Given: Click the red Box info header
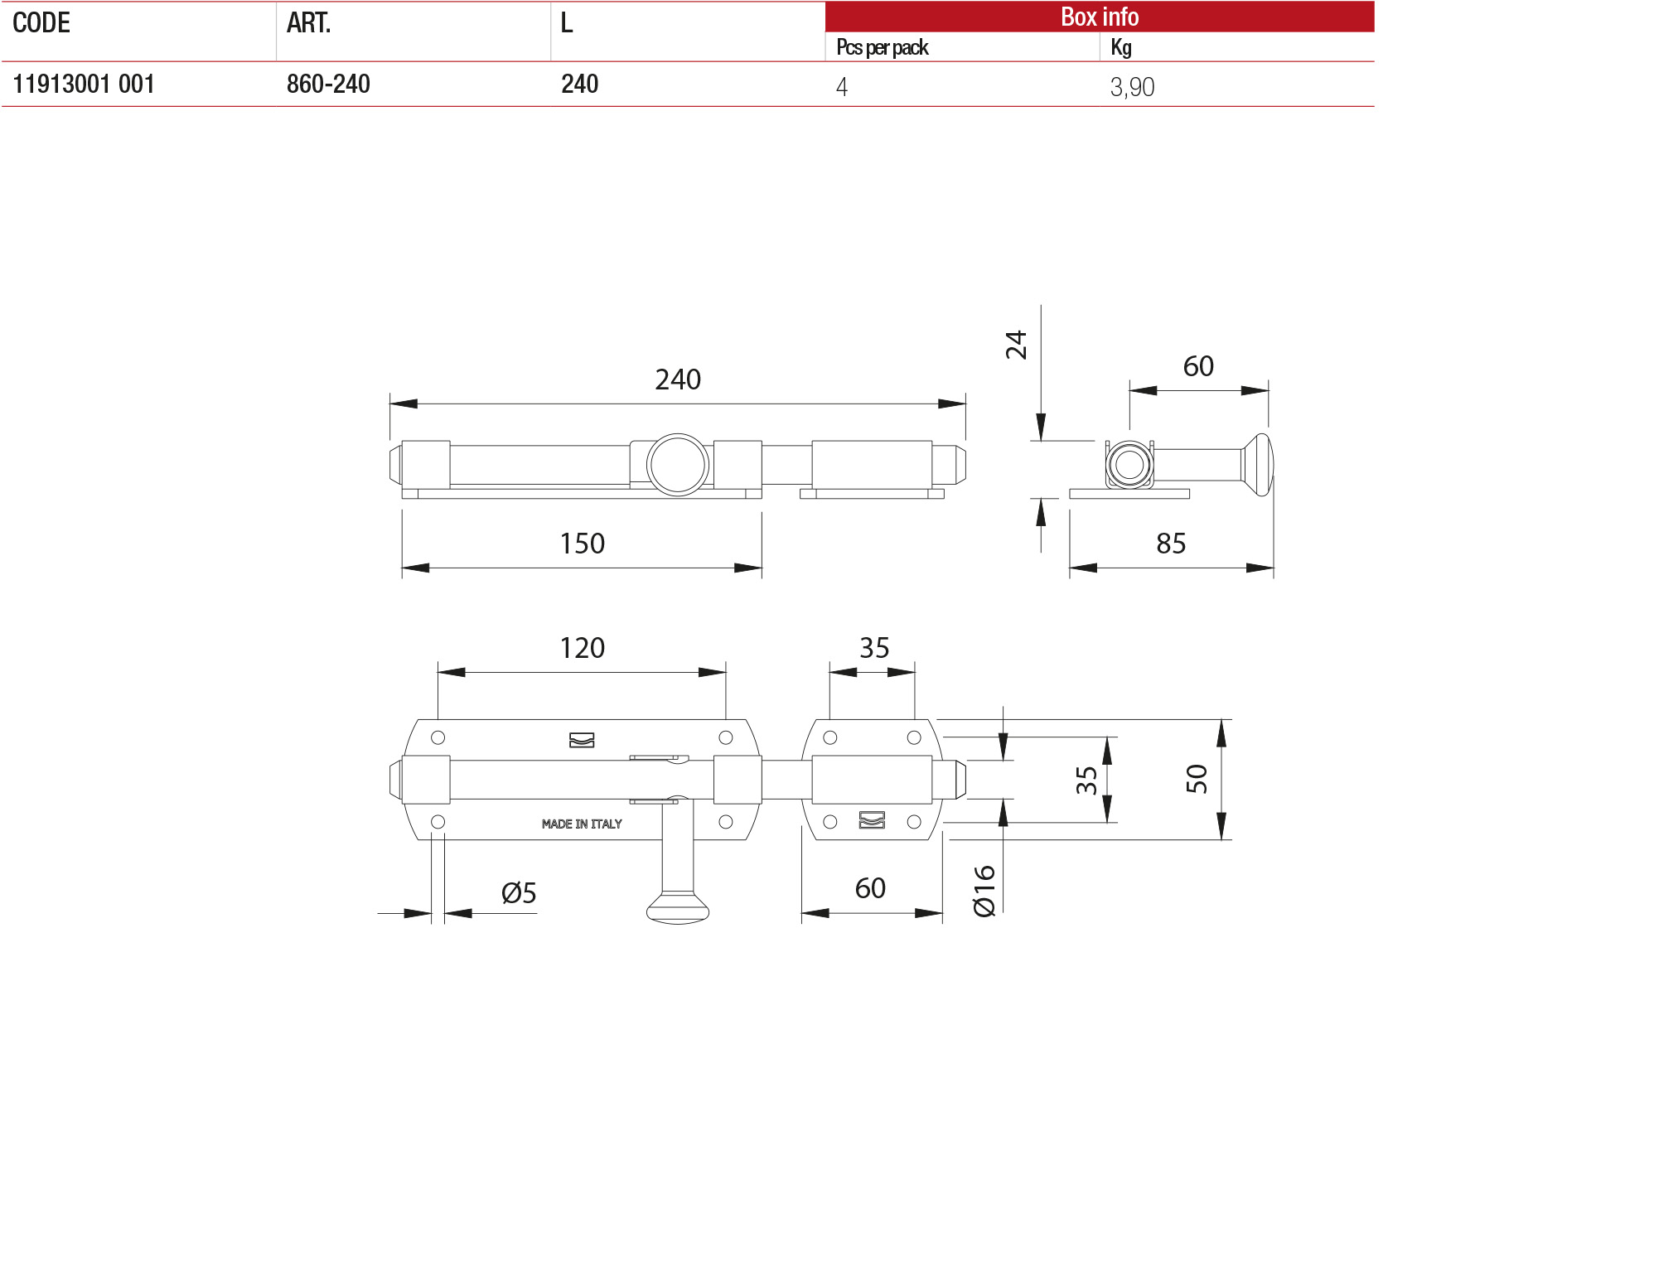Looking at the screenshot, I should click(x=1099, y=17).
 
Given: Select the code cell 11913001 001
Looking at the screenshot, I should click(x=84, y=85).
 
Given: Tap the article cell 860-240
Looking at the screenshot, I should click(x=328, y=85).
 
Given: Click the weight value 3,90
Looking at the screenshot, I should click(x=1132, y=87).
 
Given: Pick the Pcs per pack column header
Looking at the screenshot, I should click(x=882, y=48).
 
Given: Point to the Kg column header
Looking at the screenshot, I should click(x=1120, y=48).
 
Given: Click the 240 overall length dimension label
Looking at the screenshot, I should click(x=678, y=379).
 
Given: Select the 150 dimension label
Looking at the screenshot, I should click(x=582, y=544).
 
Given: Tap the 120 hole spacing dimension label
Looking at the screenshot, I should click(x=582, y=648).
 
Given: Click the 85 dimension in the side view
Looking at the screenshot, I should click(x=1171, y=544).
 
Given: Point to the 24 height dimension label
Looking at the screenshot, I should click(x=1016, y=345).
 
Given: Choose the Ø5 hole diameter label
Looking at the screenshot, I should click(x=519, y=893).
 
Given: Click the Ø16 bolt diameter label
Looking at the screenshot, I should click(x=984, y=891).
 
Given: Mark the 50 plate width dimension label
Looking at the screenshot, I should click(x=1196, y=779).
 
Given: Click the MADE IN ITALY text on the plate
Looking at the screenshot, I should click(x=582, y=824).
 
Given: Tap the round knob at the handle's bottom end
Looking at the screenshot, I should click(x=678, y=908).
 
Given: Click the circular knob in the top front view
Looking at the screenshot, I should click(x=678, y=465).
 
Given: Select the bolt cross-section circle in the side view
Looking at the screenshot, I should click(x=1129, y=465).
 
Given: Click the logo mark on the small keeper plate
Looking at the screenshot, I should click(x=872, y=819).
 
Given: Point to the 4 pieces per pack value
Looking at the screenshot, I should click(x=842, y=87).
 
